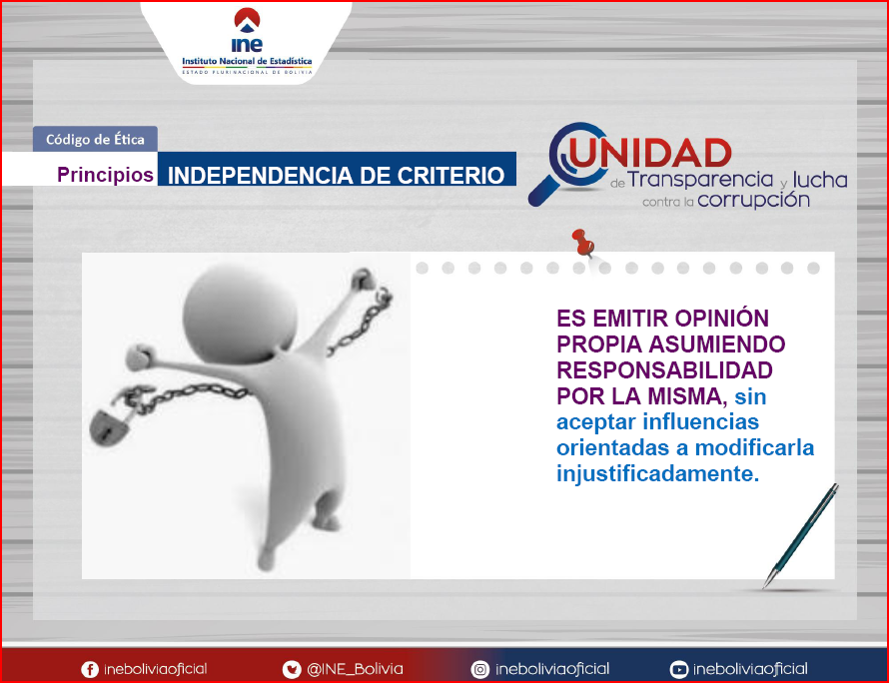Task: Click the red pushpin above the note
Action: (582, 243)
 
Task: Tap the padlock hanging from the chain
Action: (109, 426)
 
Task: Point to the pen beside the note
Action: (800, 535)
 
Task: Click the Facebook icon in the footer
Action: (90, 669)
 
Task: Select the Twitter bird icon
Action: (292, 669)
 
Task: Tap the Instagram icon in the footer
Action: (479, 669)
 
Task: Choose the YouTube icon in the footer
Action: (678, 669)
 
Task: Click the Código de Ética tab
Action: (95, 139)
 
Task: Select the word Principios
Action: (106, 175)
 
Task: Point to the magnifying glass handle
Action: (543, 190)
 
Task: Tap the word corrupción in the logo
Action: (753, 200)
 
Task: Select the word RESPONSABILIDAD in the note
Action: (664, 370)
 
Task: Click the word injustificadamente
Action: (657, 474)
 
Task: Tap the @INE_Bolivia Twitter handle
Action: (355, 669)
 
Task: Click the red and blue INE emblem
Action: (247, 20)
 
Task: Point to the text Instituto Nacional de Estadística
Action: (247, 61)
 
